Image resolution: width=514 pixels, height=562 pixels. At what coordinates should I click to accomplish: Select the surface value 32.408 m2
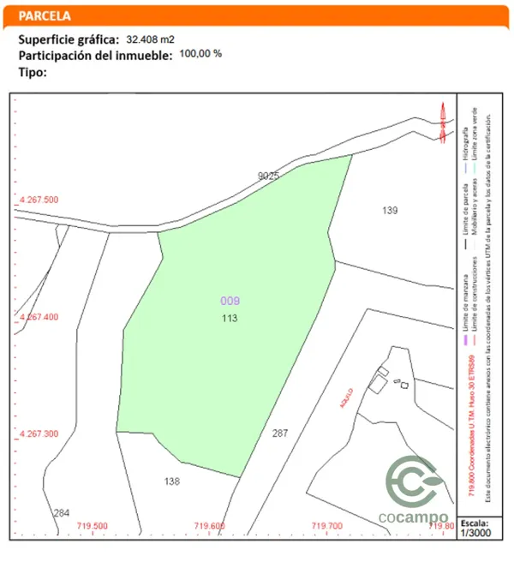153,39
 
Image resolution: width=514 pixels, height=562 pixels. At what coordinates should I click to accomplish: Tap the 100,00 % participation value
200,53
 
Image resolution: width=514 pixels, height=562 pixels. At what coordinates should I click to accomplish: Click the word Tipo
32,72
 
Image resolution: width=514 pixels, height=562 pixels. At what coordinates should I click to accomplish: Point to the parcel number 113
229,318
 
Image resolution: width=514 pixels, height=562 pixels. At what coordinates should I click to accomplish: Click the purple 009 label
230,301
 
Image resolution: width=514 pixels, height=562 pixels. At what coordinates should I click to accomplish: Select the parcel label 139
391,210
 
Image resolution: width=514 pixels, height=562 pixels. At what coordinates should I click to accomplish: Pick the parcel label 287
280,433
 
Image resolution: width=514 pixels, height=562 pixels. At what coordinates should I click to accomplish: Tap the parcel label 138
172,481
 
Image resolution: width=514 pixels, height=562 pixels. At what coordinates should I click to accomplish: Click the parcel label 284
62,513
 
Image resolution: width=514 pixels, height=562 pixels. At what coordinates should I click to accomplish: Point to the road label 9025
269,176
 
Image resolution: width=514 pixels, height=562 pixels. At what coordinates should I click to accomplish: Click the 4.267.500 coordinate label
39,200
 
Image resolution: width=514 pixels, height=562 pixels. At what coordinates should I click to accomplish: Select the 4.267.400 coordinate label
39,317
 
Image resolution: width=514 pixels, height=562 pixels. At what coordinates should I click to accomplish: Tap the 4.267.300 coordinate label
39,434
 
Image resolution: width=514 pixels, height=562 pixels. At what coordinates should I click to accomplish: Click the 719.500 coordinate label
93,526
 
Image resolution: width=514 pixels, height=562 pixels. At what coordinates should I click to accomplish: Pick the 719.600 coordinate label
209,526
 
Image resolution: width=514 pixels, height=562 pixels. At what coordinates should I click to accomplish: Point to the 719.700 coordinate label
326,526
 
